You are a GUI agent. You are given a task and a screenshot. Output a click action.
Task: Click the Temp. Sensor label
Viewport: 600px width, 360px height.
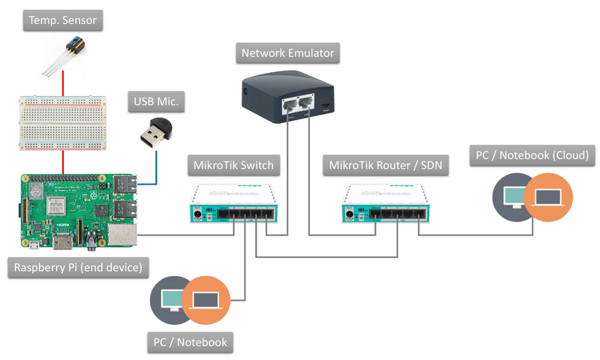(62, 20)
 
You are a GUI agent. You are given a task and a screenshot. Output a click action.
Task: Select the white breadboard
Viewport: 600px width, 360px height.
(61, 121)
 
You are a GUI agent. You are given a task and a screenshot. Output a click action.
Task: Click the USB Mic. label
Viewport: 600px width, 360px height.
(159, 102)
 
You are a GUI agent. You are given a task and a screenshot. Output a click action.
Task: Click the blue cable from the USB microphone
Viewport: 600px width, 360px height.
(157, 169)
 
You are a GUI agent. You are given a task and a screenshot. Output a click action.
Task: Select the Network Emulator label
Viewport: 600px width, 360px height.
(287, 53)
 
